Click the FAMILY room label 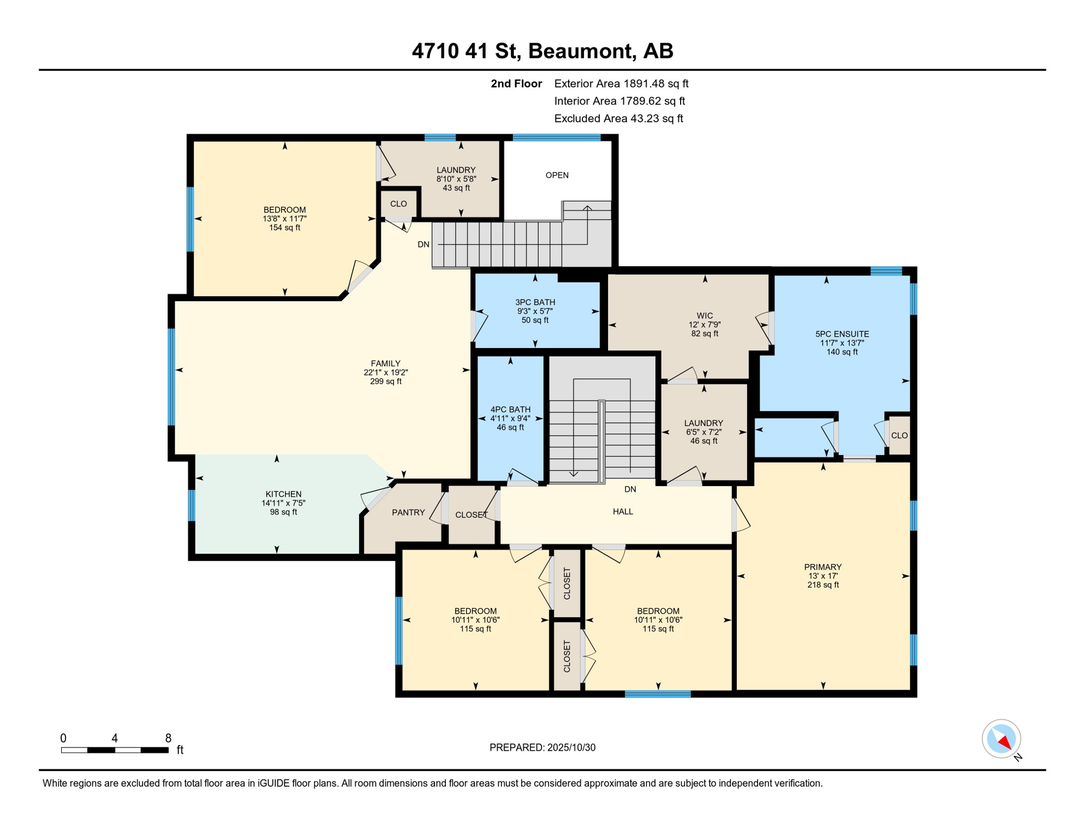click(x=385, y=364)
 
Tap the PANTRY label click(x=408, y=513)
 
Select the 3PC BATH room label click(x=535, y=302)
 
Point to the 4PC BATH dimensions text click(x=510, y=419)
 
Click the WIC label click(x=705, y=316)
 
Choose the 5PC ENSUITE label click(x=842, y=334)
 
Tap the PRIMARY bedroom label click(x=822, y=567)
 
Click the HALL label click(x=623, y=512)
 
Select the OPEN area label click(x=557, y=175)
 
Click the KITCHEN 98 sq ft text click(x=283, y=512)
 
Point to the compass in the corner click(x=1001, y=739)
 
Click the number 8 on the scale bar click(x=168, y=738)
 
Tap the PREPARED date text click(x=542, y=748)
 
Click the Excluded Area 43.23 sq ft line click(x=618, y=119)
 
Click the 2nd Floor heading click(x=516, y=84)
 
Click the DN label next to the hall click(x=630, y=489)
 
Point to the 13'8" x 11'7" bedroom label click(x=284, y=219)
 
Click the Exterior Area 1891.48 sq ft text click(x=621, y=84)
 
